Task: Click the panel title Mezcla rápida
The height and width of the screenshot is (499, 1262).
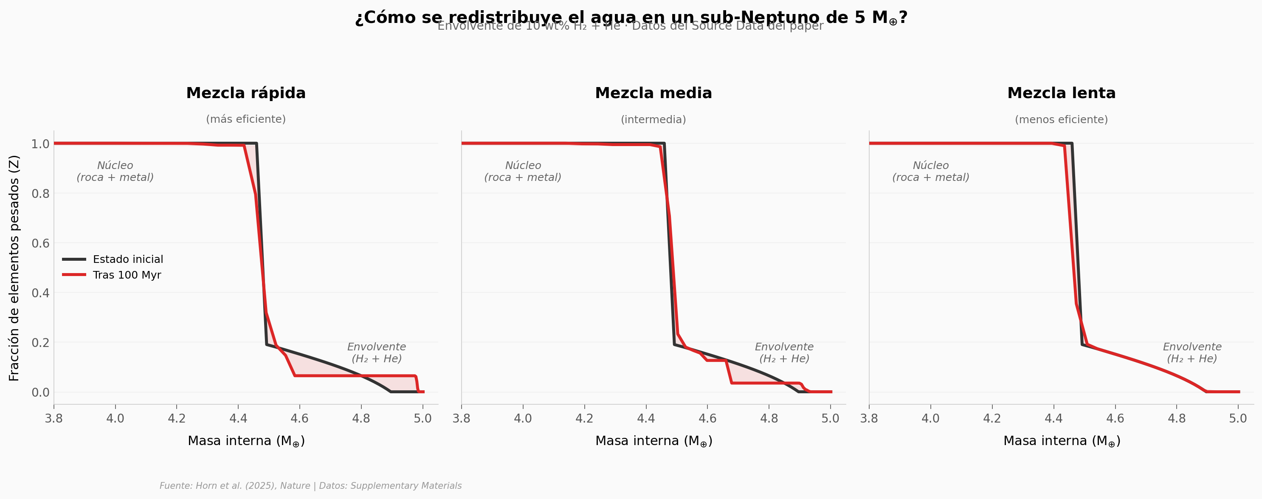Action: point(245,93)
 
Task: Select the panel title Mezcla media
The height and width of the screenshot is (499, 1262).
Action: point(653,93)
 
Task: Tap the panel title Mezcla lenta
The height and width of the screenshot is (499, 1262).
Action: point(1061,93)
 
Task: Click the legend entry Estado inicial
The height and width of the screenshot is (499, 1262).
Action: point(128,259)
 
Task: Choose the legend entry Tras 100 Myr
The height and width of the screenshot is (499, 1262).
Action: point(127,275)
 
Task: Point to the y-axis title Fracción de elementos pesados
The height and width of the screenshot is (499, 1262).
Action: point(14,268)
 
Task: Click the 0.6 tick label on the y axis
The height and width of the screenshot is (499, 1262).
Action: point(40,243)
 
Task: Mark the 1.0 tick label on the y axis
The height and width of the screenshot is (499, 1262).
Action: point(40,144)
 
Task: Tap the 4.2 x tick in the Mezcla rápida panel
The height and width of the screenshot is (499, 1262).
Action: point(177,418)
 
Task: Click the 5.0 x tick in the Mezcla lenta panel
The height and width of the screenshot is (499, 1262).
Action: point(1238,418)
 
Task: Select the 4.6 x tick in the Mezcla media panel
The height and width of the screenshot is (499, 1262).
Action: point(707,418)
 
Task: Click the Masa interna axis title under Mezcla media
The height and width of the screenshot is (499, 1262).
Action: point(654,441)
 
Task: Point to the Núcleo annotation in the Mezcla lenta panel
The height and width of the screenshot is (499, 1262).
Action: point(930,172)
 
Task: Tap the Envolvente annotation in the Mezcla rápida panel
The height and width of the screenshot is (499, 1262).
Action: point(376,352)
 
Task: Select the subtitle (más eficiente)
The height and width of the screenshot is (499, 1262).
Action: point(245,119)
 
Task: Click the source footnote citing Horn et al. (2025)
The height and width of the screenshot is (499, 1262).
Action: point(310,486)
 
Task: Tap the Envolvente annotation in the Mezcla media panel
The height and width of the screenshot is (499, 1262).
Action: point(784,352)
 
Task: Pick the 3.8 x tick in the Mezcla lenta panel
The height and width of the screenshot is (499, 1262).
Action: point(869,418)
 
